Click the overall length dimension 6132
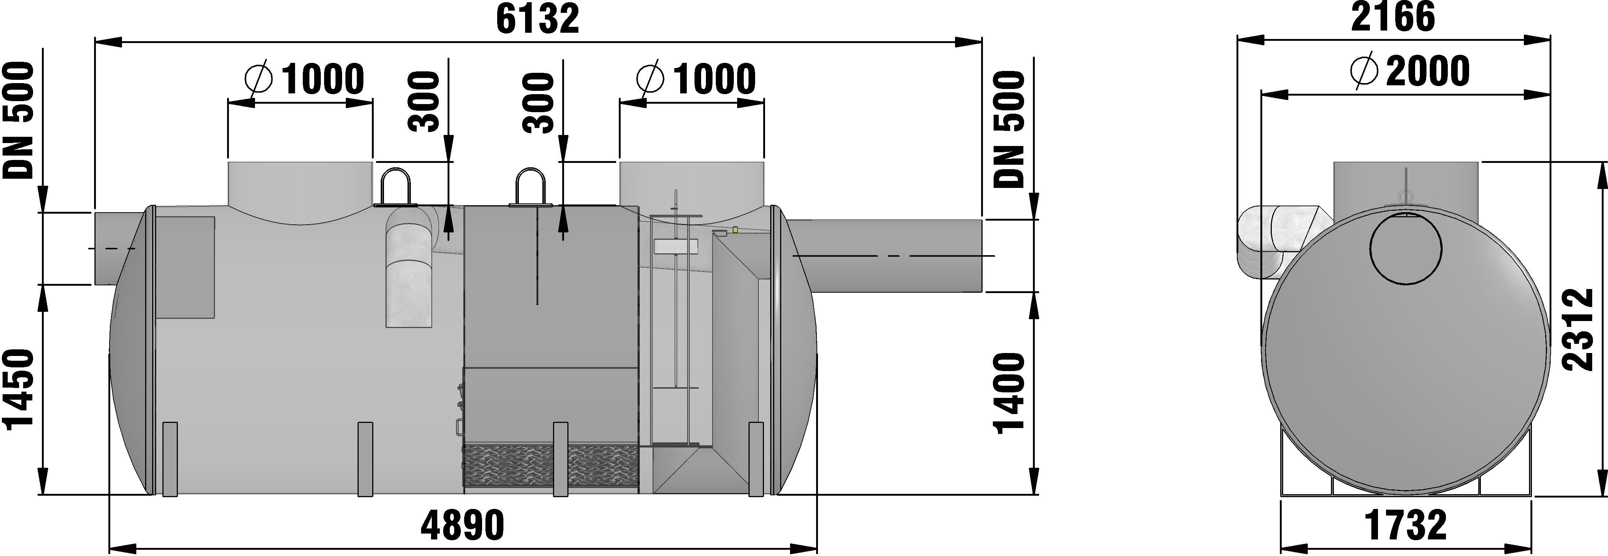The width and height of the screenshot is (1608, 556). click(538, 20)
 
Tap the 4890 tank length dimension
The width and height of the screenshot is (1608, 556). click(462, 525)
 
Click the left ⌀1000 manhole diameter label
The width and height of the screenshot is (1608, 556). click(305, 79)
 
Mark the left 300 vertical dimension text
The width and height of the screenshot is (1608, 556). click(424, 103)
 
